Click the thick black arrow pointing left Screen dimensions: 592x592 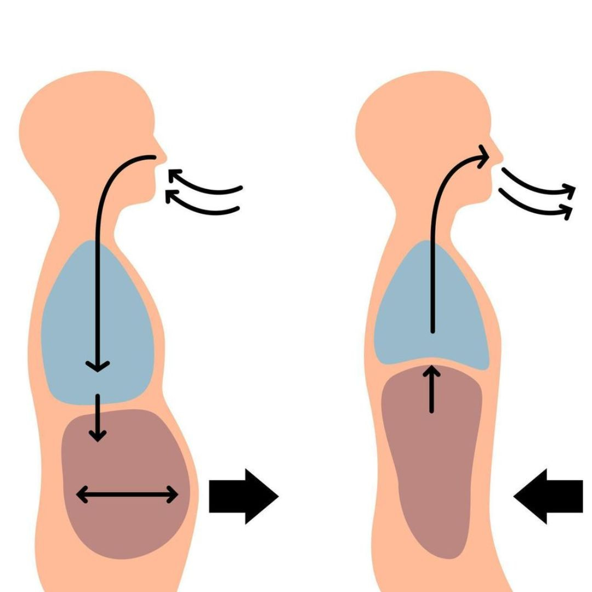[548, 496]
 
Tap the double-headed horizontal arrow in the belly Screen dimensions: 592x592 [127, 495]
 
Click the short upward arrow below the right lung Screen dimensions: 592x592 [432, 389]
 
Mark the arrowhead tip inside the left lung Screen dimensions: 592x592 [98, 368]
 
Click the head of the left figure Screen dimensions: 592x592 [82, 126]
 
